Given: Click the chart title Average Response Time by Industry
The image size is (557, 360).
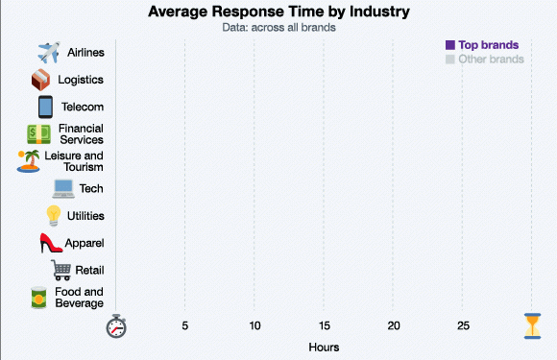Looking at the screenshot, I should click(278, 12).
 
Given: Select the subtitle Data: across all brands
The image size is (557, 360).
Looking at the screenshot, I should click(278, 28).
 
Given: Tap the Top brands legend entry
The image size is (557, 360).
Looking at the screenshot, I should click(488, 45).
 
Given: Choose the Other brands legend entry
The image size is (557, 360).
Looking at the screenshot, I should click(491, 60).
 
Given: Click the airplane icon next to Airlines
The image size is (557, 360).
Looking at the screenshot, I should click(48, 52).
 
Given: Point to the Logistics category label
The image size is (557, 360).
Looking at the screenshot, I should click(81, 80).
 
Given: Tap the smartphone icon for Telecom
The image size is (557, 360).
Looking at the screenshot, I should click(45, 107).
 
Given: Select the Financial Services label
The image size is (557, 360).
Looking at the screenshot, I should click(81, 134).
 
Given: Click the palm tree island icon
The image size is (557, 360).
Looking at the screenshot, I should click(29, 160).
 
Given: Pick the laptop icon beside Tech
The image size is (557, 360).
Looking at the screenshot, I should click(63, 189).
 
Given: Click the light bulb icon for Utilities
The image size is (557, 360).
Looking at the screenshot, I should click(54, 216).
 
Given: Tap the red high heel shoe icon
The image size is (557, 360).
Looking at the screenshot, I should click(51, 244).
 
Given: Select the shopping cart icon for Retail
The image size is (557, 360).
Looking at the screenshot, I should click(61, 271).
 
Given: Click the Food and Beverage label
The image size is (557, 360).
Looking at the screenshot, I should click(79, 298).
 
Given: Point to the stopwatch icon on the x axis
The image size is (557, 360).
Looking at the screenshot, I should click(116, 325).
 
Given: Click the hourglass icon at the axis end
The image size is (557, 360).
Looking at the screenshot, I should click(532, 325).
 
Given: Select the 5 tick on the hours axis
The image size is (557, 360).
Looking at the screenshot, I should click(185, 326).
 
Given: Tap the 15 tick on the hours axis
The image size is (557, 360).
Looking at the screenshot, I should click(325, 326).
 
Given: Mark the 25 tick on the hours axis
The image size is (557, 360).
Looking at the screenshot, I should click(463, 326).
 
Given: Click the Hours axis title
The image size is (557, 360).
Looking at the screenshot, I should click(324, 347).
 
